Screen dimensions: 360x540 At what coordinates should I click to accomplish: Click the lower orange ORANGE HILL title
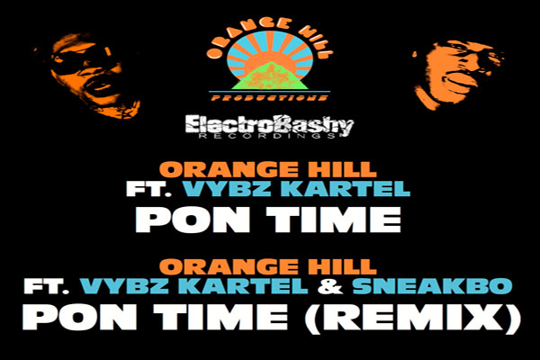pyautogui.click(x=270, y=266)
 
